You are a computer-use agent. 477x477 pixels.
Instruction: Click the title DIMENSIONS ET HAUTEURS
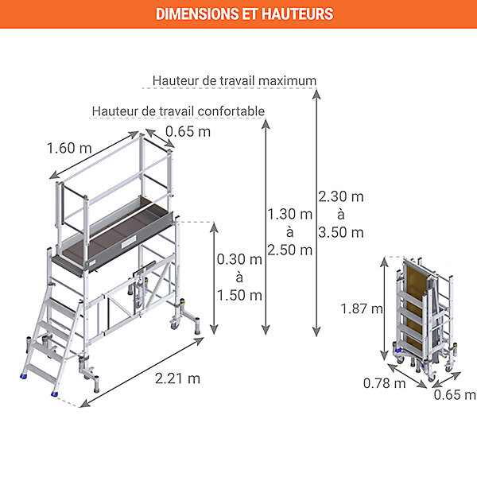pyautogui.click(x=245, y=14)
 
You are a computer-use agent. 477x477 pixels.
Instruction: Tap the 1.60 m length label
pyautogui.click(x=69, y=148)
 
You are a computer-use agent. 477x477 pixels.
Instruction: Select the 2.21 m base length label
pyautogui.click(x=177, y=378)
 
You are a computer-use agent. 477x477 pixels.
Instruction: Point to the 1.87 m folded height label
pyautogui.click(x=362, y=308)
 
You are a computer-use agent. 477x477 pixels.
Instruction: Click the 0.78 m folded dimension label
pyautogui.click(x=385, y=383)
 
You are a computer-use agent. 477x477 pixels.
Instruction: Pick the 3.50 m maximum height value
pyautogui.click(x=341, y=233)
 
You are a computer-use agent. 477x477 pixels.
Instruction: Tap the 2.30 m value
pyautogui.click(x=341, y=196)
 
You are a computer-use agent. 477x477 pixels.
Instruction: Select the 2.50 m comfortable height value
pyautogui.click(x=290, y=250)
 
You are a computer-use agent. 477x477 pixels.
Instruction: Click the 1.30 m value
pyautogui.click(x=290, y=214)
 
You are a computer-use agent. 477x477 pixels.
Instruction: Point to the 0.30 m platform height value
pyautogui.click(x=239, y=259)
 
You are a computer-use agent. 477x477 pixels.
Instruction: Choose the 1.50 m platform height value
pyautogui.click(x=239, y=296)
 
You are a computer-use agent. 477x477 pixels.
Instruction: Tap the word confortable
pyautogui.click(x=231, y=111)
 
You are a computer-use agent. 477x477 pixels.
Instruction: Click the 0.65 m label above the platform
pyautogui.click(x=188, y=132)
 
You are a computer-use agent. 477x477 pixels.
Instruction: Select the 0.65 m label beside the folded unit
pyautogui.click(x=455, y=395)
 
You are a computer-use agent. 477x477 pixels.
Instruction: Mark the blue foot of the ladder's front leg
pyautogui.click(x=54, y=394)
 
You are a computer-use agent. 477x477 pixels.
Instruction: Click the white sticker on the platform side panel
pyautogui.click(x=129, y=242)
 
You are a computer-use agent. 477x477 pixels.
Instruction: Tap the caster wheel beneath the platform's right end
pyautogui.click(x=175, y=324)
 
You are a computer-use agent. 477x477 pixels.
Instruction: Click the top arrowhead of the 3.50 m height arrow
pyautogui.click(x=316, y=94)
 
